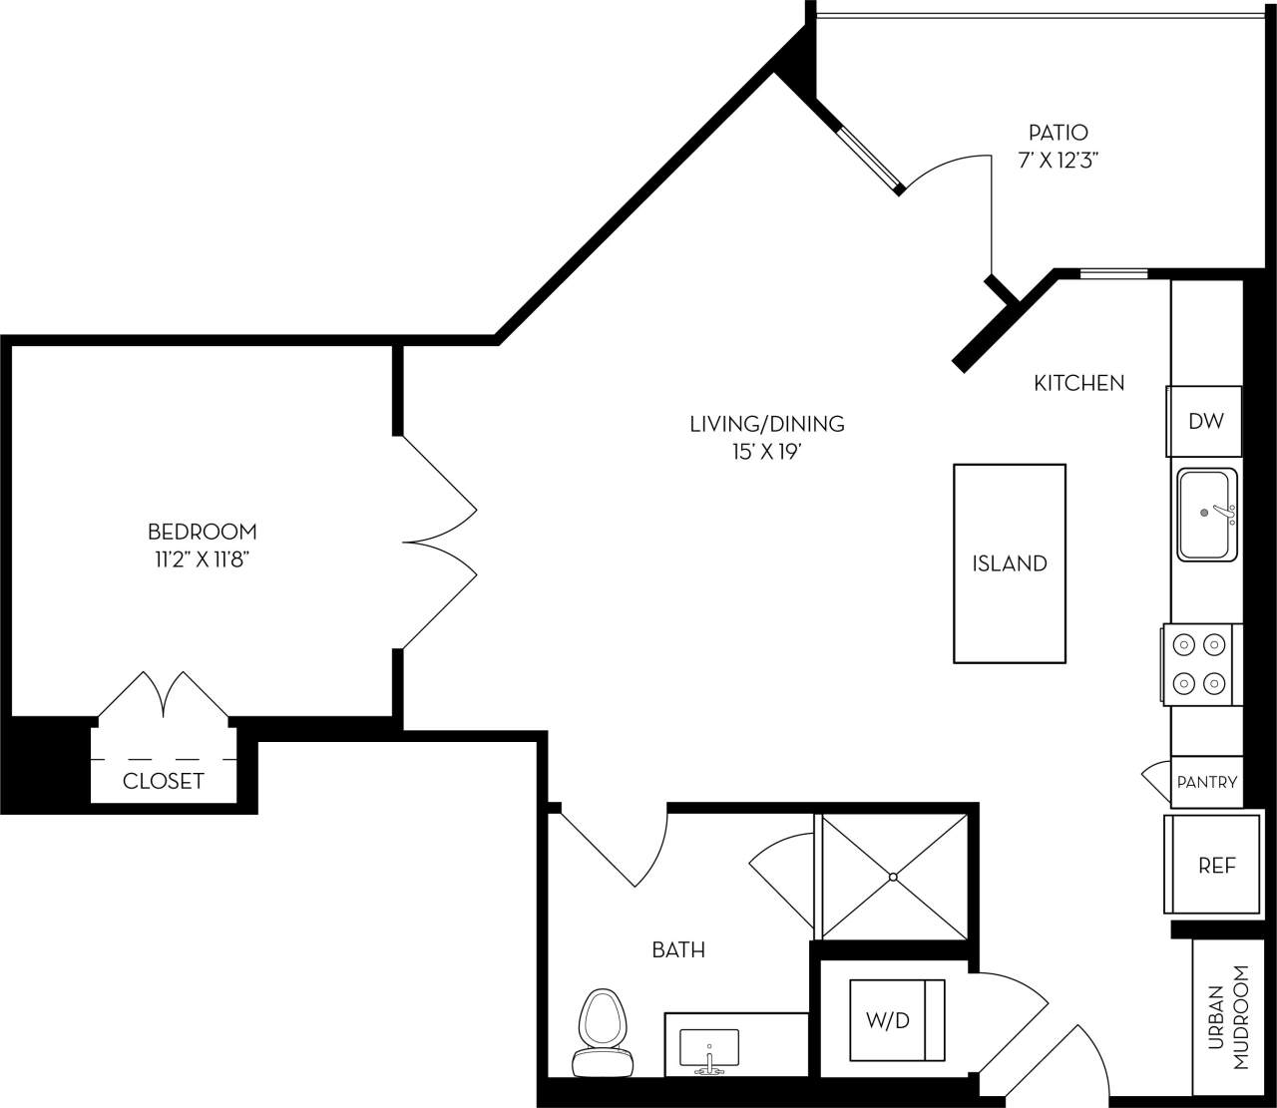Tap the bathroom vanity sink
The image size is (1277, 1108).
708,1049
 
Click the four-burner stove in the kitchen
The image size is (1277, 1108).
1200,663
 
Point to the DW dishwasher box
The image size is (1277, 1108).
1205,421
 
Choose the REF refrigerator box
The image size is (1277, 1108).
1216,866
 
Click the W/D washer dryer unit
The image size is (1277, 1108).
896,1021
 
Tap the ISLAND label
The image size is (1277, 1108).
1010,563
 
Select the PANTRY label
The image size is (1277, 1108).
1207,782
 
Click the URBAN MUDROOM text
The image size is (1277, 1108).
1228,1017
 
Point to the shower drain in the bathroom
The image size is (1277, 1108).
893,878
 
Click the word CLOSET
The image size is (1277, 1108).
164,781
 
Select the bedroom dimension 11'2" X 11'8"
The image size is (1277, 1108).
195,559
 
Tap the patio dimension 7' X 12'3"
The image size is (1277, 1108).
1058,160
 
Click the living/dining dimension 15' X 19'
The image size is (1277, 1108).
767,452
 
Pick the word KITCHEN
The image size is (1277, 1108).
1078,383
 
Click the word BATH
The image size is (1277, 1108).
678,950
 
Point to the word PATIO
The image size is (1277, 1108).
1058,132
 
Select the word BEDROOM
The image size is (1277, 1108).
203,532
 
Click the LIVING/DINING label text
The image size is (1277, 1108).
767,424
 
